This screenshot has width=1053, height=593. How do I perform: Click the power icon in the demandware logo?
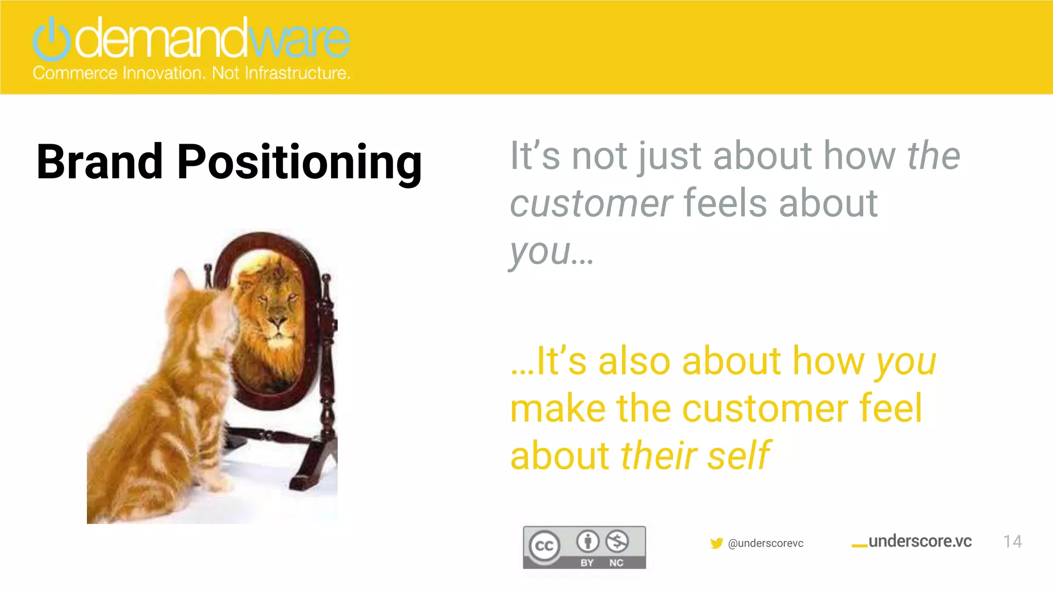coord(51,40)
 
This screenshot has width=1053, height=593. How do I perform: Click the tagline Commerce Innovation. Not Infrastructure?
coord(191,73)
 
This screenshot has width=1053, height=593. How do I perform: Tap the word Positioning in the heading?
coord(299,163)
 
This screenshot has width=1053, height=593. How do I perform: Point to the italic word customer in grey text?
coord(591,204)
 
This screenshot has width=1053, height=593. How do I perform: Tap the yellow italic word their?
coord(658,456)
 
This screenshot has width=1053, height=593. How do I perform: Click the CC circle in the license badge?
coord(544,546)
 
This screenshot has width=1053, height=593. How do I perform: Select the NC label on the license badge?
coord(616,563)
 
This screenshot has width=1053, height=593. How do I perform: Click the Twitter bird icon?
coord(716,544)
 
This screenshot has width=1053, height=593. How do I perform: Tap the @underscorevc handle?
coord(766,544)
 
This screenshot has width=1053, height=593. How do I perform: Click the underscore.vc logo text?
coord(919,542)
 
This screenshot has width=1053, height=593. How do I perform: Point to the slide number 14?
coord(1012,542)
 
